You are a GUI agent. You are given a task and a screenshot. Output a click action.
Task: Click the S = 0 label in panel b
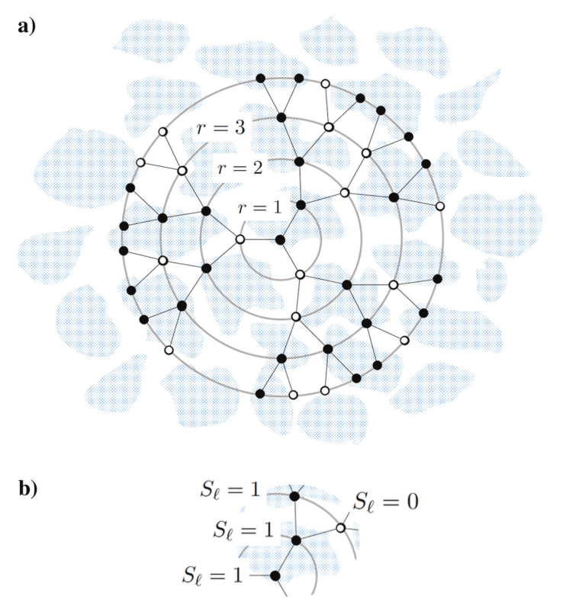pyautogui.click(x=388, y=502)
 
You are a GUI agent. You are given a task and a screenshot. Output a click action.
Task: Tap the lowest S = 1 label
pyautogui.click(x=214, y=572)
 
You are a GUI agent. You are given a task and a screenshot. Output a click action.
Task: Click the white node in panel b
pyautogui.click(x=341, y=526)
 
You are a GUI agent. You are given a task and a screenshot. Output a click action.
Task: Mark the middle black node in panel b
pyautogui.click(x=297, y=540)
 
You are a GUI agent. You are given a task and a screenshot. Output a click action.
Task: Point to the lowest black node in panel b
pyautogui.click(x=275, y=575)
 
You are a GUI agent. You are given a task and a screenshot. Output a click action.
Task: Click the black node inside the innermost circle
pyautogui.click(x=280, y=240)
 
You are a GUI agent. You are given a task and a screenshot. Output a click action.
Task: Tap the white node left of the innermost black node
pyautogui.click(x=240, y=239)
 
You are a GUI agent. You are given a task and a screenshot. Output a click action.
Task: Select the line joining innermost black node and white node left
pyautogui.click(x=260, y=240)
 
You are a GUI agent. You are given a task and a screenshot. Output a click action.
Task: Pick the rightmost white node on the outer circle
pyautogui.click(x=440, y=207)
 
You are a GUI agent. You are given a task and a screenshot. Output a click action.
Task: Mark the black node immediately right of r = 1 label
pyautogui.click(x=301, y=205)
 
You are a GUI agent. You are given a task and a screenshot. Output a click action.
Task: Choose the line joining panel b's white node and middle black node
pyautogui.click(x=319, y=534)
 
